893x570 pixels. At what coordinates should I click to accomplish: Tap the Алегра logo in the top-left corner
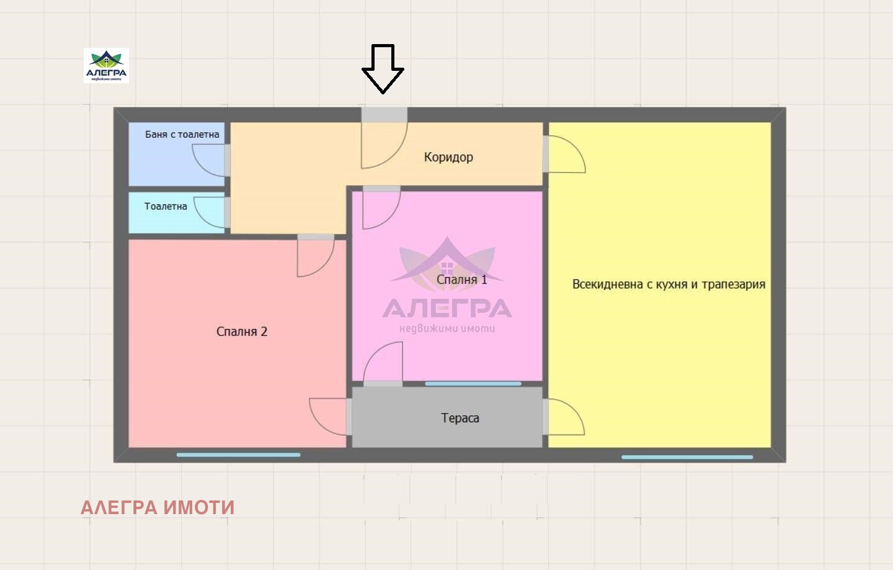point(106,65)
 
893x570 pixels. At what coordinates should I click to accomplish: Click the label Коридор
point(448,157)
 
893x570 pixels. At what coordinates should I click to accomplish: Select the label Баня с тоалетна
point(182,134)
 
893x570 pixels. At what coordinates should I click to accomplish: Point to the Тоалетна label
point(166,206)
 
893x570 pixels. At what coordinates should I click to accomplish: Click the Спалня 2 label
point(242,332)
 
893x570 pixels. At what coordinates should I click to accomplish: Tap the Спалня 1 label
point(462,279)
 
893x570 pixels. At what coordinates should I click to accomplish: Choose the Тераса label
point(460,418)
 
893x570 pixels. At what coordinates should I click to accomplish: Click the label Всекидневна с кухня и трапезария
point(669,284)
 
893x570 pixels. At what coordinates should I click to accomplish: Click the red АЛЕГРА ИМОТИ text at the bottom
point(158,507)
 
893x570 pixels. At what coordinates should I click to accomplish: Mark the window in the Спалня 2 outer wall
point(238,455)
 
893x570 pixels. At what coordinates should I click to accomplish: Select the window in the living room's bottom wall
point(687,457)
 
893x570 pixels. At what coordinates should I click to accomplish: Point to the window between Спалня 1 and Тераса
point(473,384)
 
